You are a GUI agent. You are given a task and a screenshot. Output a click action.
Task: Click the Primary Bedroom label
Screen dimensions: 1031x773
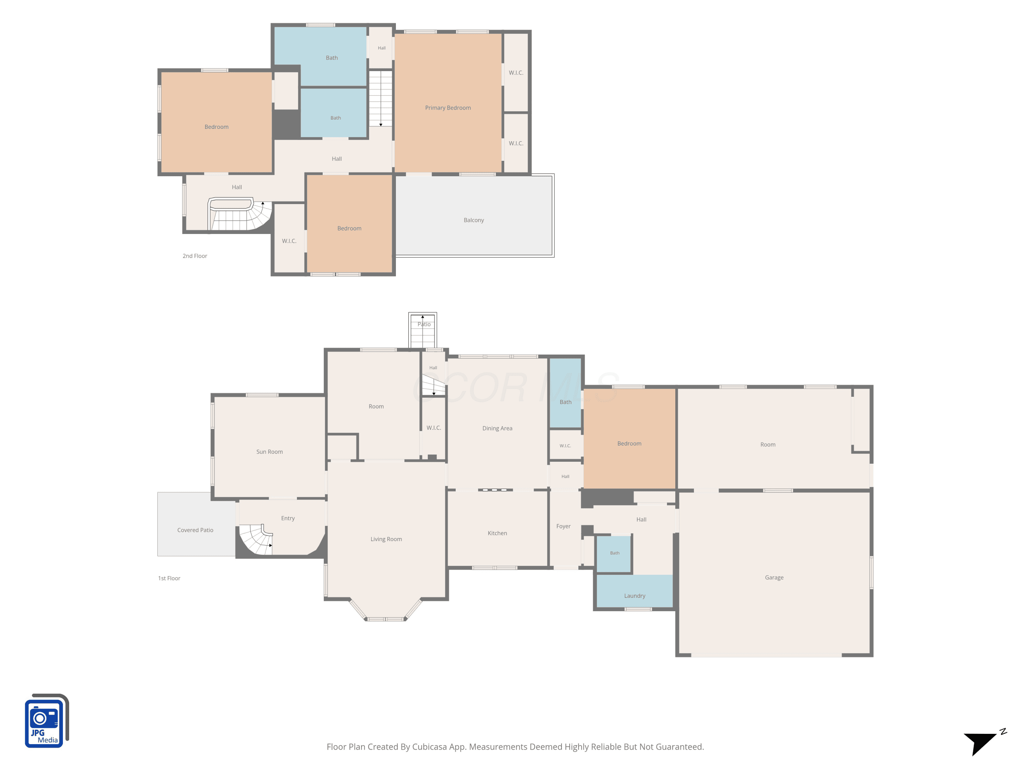(x=448, y=108)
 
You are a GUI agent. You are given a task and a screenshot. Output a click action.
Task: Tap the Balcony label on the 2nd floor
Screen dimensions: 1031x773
(x=474, y=220)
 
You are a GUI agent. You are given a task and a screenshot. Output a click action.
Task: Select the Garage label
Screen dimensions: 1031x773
(x=774, y=577)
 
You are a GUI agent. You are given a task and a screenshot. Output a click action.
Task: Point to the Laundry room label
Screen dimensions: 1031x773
(x=635, y=595)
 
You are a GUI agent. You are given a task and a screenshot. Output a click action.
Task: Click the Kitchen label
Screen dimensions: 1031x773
(x=497, y=533)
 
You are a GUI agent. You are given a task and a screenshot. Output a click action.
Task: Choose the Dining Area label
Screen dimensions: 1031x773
(x=497, y=428)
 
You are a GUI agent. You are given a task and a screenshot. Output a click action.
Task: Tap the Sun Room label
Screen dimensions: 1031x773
(x=269, y=451)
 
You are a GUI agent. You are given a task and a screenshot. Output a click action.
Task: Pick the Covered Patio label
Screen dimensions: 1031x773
(x=195, y=530)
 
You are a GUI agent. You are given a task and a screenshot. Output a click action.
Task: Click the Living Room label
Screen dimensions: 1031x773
(x=386, y=539)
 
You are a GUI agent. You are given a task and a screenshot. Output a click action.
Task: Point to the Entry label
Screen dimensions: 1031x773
(x=288, y=518)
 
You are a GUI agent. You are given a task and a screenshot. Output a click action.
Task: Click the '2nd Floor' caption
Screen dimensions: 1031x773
(x=195, y=256)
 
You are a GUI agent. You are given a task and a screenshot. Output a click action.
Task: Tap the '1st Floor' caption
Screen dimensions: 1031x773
(x=169, y=578)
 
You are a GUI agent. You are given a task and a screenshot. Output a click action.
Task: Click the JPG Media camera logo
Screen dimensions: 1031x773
(x=47, y=720)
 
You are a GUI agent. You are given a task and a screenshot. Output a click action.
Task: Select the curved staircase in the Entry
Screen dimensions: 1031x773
(x=255, y=540)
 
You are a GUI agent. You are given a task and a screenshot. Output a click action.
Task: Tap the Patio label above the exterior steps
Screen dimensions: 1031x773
(x=424, y=324)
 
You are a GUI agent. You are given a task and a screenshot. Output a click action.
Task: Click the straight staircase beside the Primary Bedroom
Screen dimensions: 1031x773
(x=381, y=98)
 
